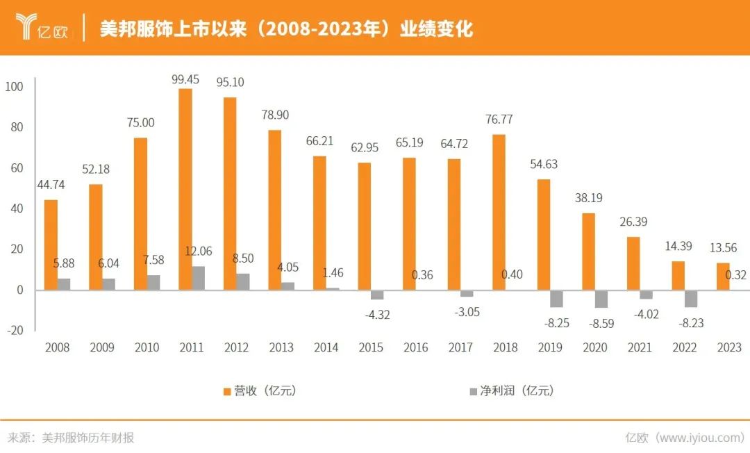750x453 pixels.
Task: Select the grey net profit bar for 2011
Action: [x=199, y=278]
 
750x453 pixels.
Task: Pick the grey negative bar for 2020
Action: [x=601, y=299]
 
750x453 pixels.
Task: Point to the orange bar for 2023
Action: [x=723, y=277]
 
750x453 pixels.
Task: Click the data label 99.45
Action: [x=185, y=79]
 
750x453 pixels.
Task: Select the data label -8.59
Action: [x=594, y=323]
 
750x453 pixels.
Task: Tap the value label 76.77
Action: [x=499, y=120]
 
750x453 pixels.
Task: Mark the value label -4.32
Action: [x=377, y=314]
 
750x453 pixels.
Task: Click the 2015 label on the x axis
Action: [x=371, y=347]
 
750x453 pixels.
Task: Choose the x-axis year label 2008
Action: [x=57, y=347]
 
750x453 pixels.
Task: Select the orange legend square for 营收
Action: [x=227, y=392]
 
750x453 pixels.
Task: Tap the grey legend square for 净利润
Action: [x=474, y=392]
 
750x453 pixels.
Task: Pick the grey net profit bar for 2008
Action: [x=64, y=284]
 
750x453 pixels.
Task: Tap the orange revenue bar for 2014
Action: [x=319, y=223]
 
